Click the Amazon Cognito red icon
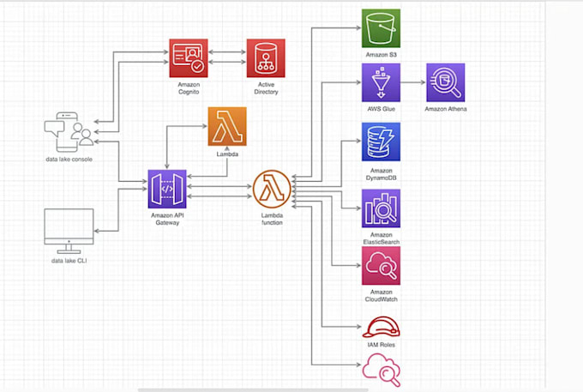pos(189,58)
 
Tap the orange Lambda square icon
pos(227,127)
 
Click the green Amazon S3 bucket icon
pos(382,29)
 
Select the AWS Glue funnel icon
pos(382,83)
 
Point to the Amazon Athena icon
pos(446,83)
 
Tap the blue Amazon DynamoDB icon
pos(382,142)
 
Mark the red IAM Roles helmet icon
pos(380,329)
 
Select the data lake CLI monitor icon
pos(69,229)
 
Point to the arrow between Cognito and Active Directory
pos(227,57)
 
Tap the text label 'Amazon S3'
pos(381,55)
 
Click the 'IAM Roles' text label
pos(381,344)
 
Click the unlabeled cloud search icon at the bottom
pos(380,371)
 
